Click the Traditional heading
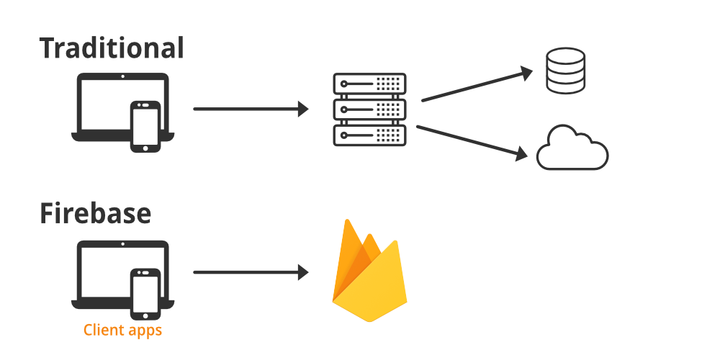[x=112, y=48]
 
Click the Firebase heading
[x=95, y=214]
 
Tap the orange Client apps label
[x=122, y=331]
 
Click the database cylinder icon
[x=565, y=71]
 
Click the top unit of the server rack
[x=369, y=84]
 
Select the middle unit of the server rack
[x=369, y=109]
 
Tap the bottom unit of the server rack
[x=369, y=135]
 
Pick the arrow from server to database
[x=475, y=86]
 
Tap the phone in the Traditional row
[x=145, y=126]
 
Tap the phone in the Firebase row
[x=145, y=293]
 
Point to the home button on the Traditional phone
[x=145, y=147]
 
